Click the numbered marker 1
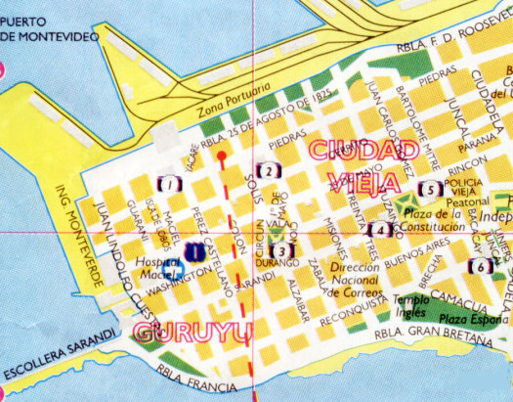click(x=170, y=183)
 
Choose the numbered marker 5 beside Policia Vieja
click(x=427, y=190)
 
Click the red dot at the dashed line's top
click(x=222, y=155)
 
